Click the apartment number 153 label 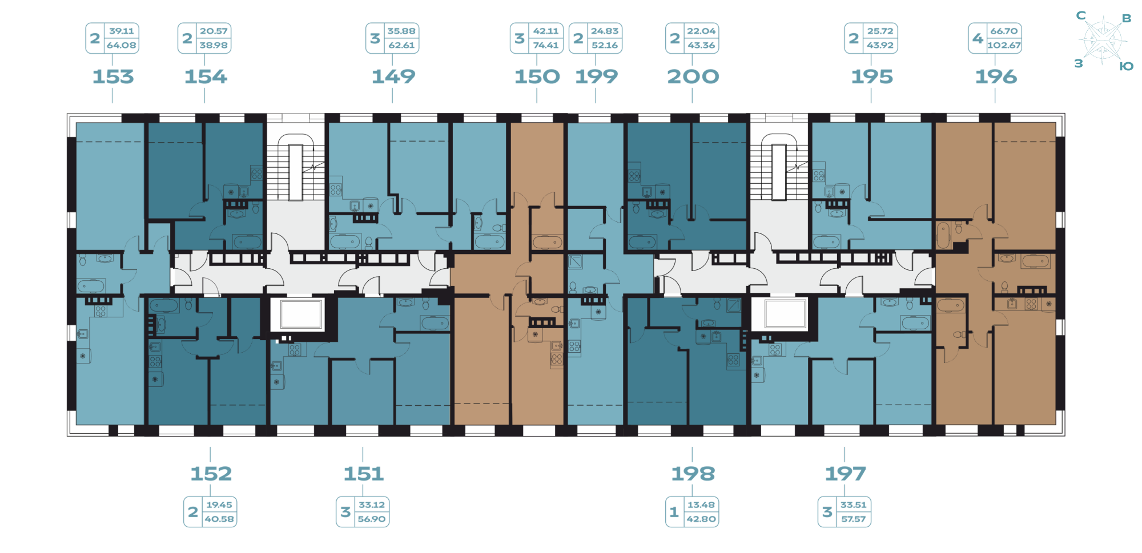[113, 76]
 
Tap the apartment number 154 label [206, 76]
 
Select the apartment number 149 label [393, 76]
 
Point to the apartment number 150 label [537, 76]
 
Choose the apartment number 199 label [596, 76]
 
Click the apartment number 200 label [693, 76]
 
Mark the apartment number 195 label [871, 76]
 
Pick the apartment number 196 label [996, 76]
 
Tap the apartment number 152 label [211, 474]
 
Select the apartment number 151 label [364, 474]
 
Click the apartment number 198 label [693, 474]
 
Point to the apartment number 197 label [845, 474]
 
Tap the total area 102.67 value [1003, 46]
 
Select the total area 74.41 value [545, 46]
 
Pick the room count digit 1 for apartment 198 [674, 512]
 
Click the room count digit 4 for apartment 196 [978, 38]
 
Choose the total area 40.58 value [218, 519]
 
